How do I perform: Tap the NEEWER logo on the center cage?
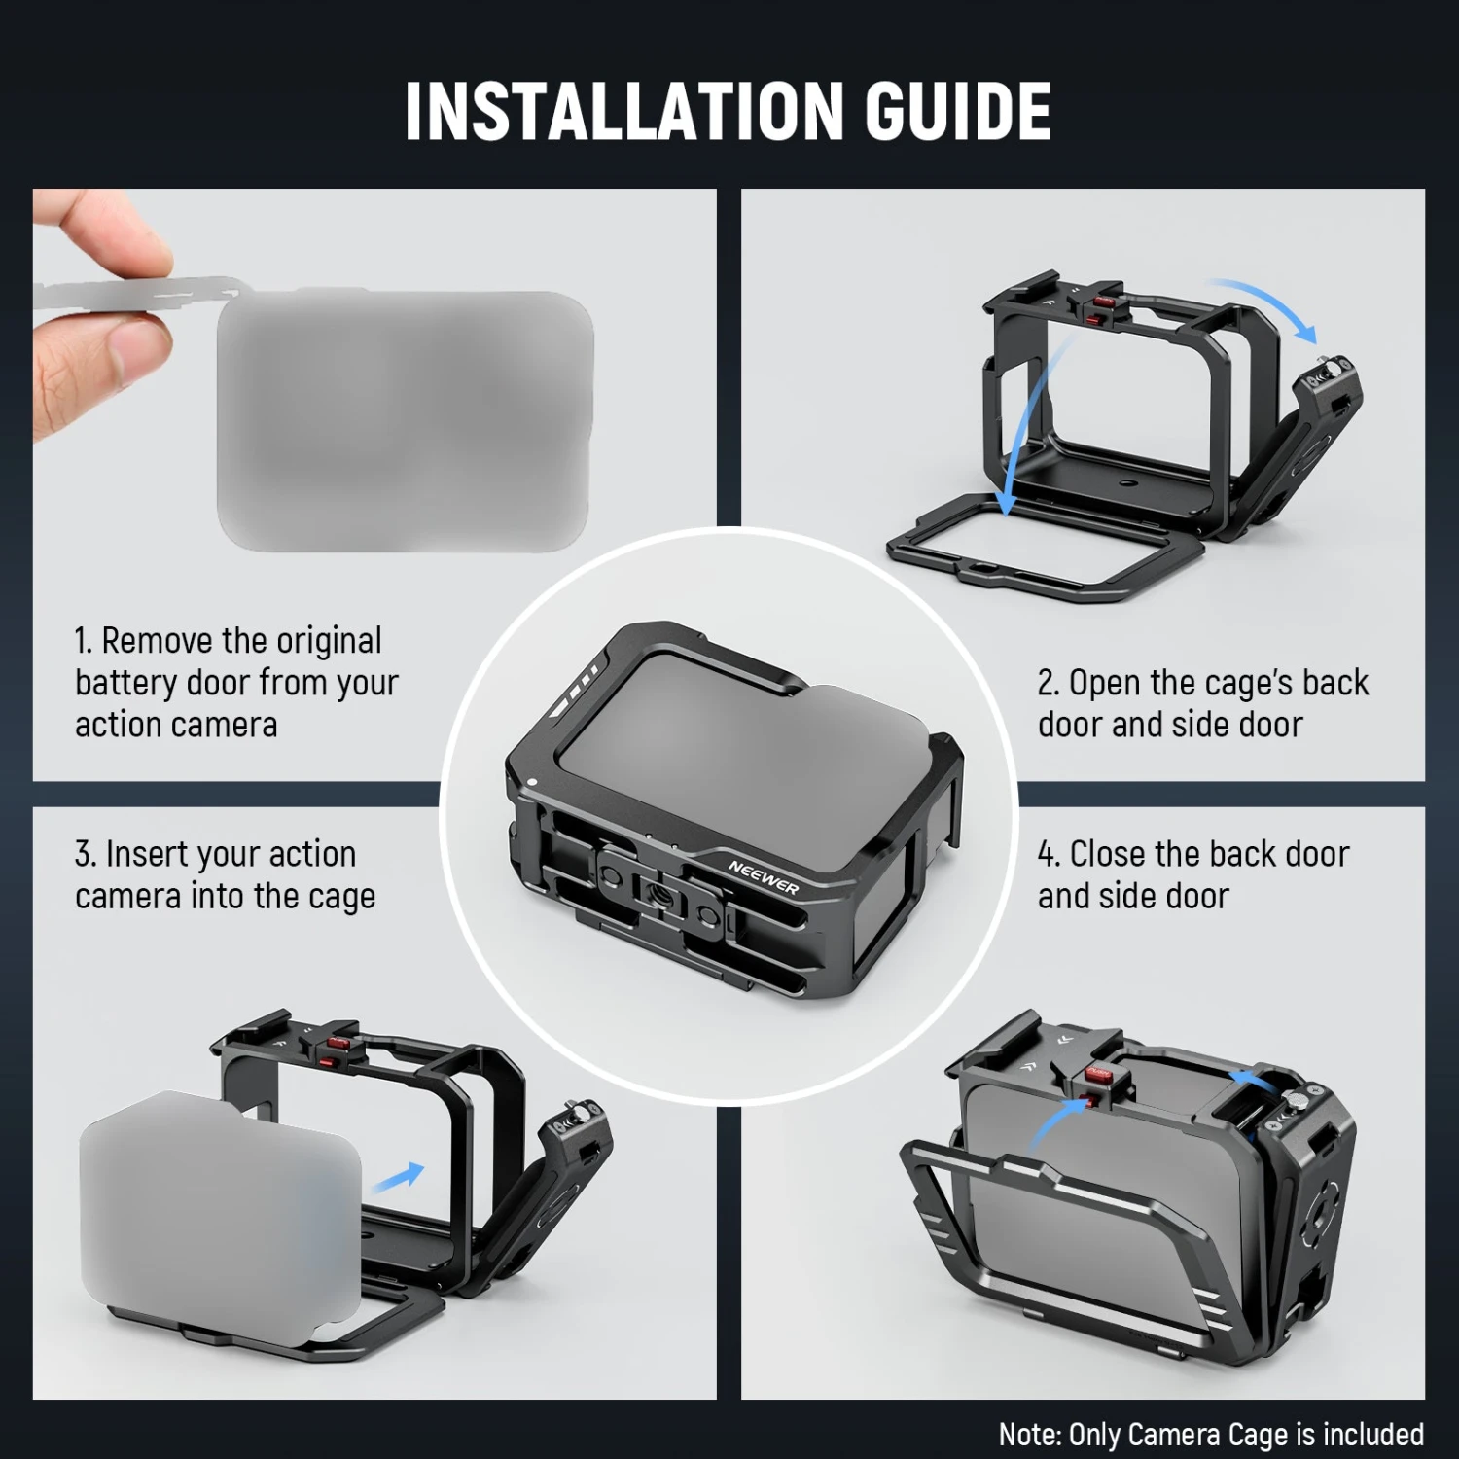click(x=764, y=876)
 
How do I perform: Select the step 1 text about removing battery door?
click(x=236, y=683)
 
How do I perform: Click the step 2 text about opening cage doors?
click(x=1202, y=703)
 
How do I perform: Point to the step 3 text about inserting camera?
click(x=225, y=874)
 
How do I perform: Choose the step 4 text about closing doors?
click(x=1192, y=874)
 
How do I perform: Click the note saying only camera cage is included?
click(x=1210, y=1434)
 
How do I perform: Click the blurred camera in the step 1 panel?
click(x=405, y=420)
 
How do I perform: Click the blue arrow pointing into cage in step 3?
click(x=399, y=1177)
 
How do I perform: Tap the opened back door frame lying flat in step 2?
click(x=1046, y=550)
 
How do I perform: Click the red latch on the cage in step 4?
click(x=1098, y=1084)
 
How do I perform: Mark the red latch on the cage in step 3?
click(x=337, y=1048)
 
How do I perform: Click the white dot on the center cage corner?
click(x=533, y=780)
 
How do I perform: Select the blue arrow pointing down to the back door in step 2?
click(x=1026, y=428)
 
